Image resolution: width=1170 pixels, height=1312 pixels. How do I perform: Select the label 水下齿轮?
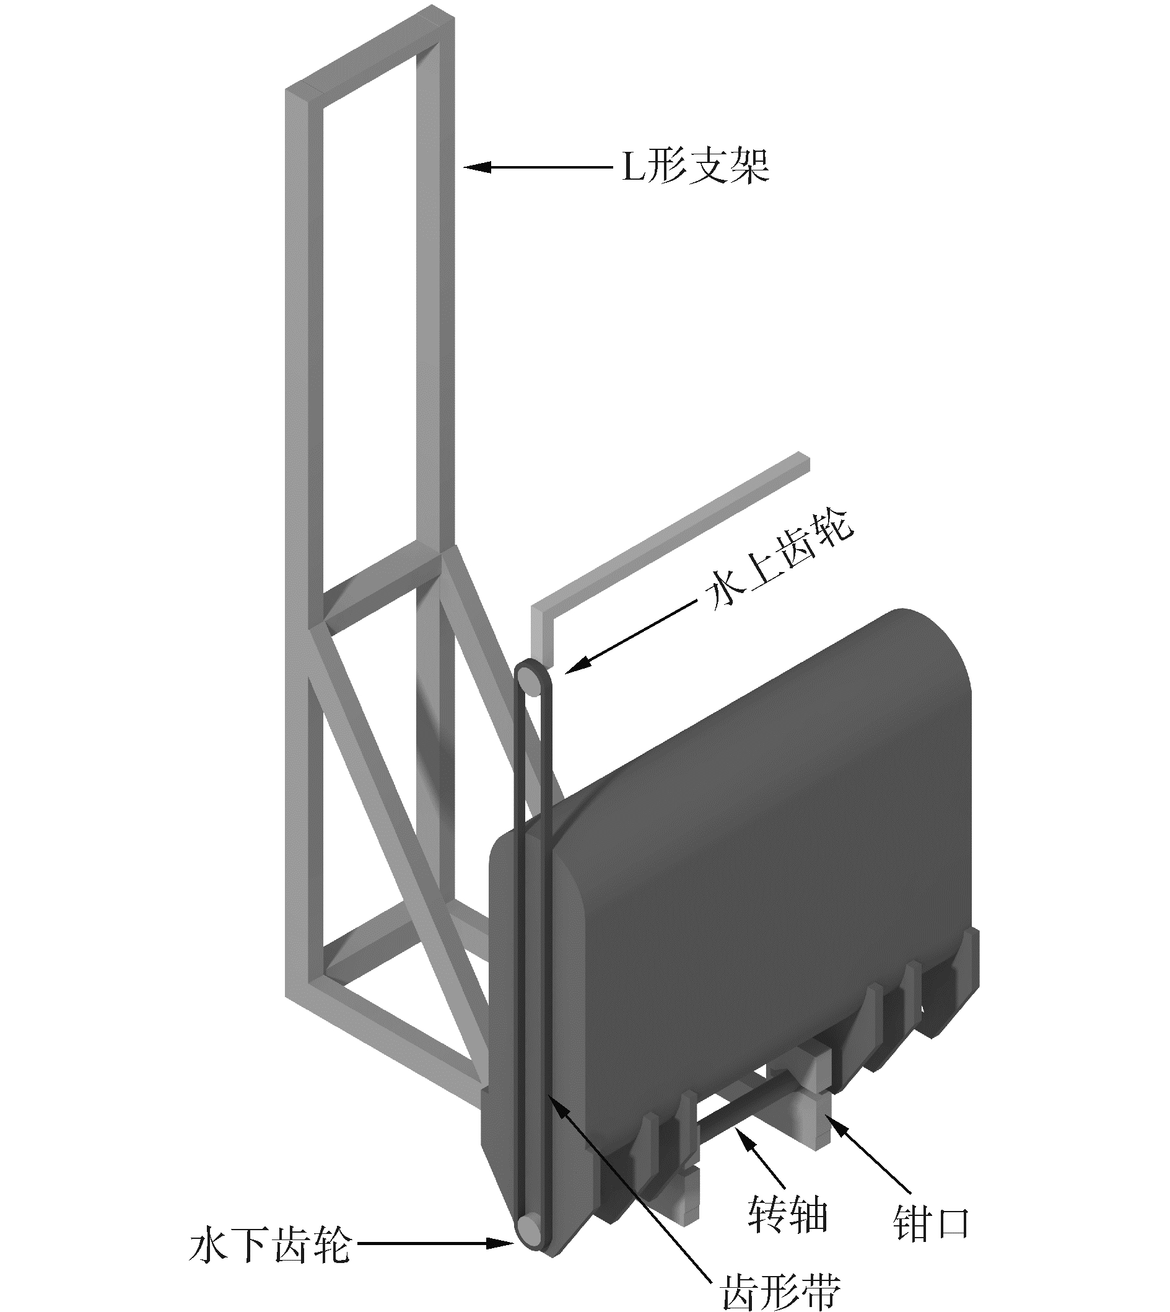tap(270, 1244)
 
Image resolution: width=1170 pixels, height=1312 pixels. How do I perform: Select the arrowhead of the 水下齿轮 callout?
tap(508, 1244)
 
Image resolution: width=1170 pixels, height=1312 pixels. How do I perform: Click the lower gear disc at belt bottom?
tap(531, 1227)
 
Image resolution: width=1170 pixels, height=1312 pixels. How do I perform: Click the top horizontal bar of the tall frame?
tap(370, 55)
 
